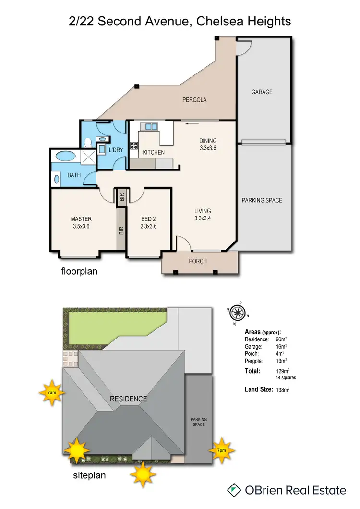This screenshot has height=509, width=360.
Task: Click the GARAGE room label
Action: click(262, 92)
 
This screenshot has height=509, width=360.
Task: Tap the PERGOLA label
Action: click(194, 100)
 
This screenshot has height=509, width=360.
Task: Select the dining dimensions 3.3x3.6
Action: click(208, 148)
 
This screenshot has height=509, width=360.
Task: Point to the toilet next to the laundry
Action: click(88, 142)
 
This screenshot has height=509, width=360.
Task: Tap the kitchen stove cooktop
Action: click(134, 147)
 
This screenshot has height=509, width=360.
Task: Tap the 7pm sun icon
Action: click(222, 450)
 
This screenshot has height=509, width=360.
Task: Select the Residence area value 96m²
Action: click(282, 339)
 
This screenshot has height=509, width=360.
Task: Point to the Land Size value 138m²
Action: click(283, 390)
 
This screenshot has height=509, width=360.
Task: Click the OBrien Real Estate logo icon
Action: click(234, 490)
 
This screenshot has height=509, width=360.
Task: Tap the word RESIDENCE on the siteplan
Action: click(128, 399)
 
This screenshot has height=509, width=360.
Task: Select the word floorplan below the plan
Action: click(79, 271)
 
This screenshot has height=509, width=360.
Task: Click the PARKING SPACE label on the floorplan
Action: click(262, 200)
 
